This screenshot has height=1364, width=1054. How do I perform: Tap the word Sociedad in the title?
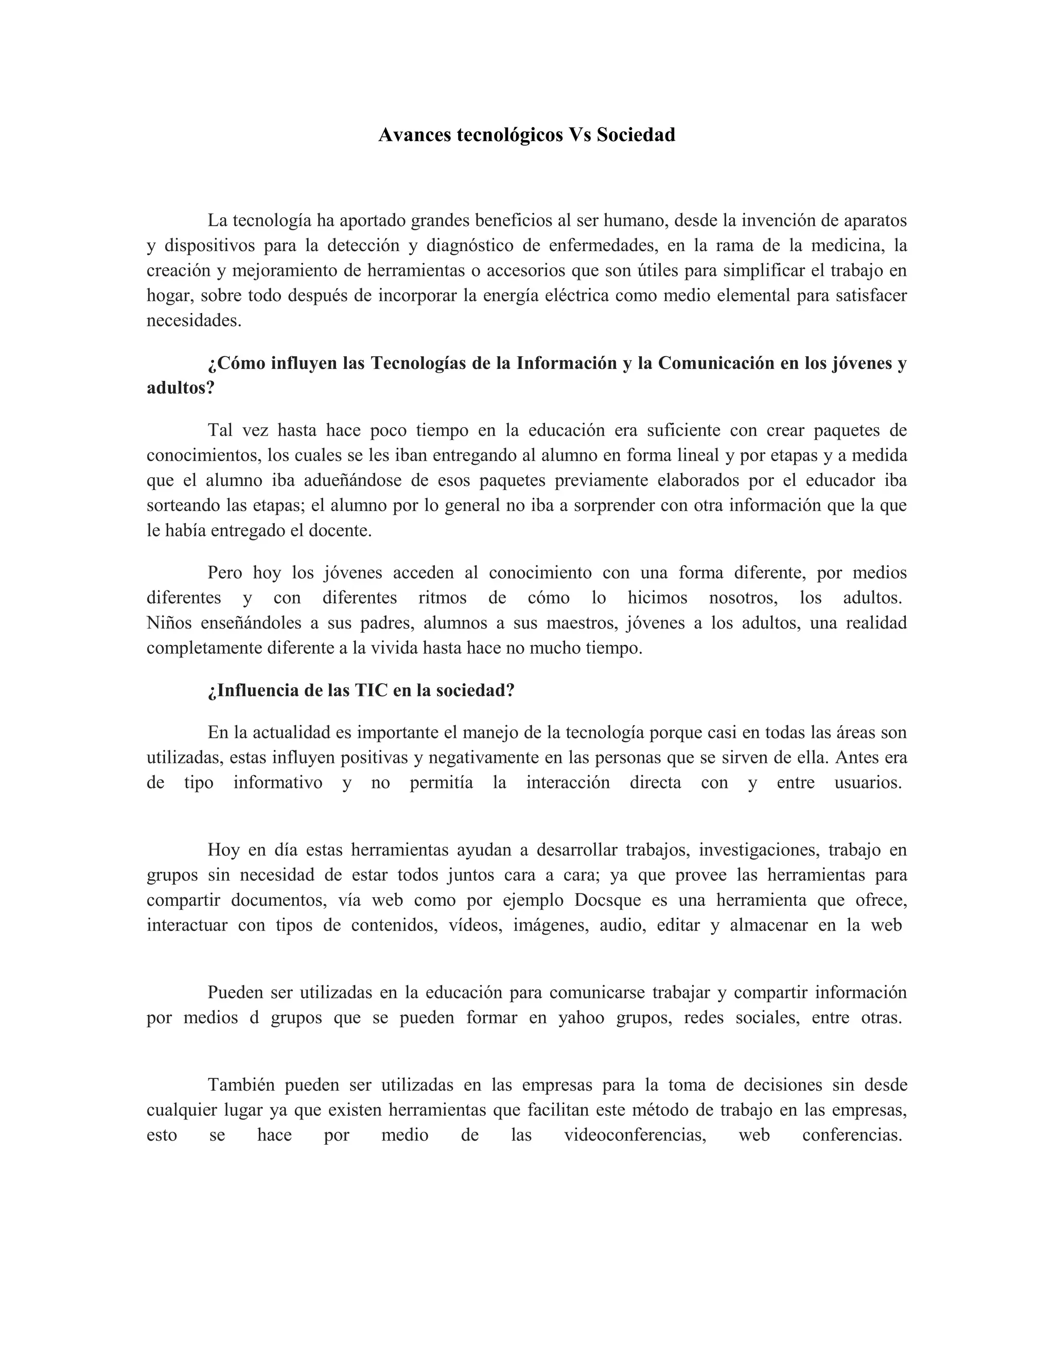(636, 135)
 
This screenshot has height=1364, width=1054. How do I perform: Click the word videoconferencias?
(635, 1135)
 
